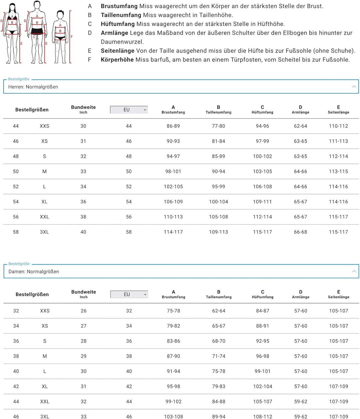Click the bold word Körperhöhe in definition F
117,60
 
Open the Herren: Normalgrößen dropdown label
33,87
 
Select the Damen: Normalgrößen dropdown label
34,272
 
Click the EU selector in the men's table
129,110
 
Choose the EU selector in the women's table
129,294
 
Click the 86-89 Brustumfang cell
173,126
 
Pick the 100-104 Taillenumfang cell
219,202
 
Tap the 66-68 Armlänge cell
300,232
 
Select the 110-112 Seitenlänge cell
338,126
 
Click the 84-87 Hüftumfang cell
263,311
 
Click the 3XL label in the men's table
44,232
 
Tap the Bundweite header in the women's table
84,292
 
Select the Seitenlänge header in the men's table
338,112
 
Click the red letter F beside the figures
72,37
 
